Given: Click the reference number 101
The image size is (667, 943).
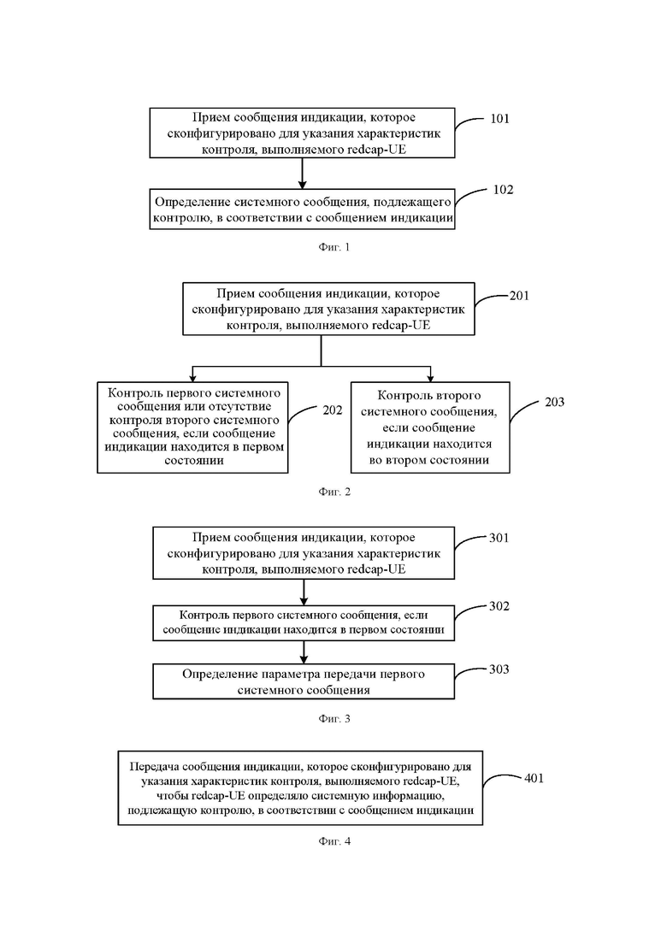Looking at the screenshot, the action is (499, 119).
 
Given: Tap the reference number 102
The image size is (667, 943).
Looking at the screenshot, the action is (504, 190).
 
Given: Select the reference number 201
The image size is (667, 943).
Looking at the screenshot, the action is (519, 295).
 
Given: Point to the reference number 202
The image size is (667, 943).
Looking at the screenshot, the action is (333, 410).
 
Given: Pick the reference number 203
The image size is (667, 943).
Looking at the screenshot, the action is (554, 402).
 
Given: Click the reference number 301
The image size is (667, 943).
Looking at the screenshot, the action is (499, 538).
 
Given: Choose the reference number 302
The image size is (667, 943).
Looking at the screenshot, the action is (499, 605).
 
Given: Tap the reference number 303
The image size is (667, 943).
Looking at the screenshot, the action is (499, 669).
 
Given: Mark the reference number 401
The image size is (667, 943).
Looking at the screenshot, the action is (534, 778).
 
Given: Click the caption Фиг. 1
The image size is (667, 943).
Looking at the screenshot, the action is (333, 247).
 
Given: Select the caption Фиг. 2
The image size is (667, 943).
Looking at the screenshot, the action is (333, 492).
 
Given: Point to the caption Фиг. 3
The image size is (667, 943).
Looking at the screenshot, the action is (333, 719).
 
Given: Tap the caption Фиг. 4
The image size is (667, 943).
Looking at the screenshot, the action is (333, 841).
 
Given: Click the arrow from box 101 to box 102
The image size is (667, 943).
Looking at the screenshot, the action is (303, 174).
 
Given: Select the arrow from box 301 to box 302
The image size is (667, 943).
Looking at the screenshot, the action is (304, 592).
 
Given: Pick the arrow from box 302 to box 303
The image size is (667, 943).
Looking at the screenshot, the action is (304, 652).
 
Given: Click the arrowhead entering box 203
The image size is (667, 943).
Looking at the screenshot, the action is (431, 378).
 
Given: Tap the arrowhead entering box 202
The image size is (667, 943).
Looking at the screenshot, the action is (192, 378).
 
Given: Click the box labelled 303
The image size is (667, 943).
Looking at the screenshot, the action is (304, 681).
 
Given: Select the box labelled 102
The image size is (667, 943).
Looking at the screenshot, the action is (302, 209).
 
